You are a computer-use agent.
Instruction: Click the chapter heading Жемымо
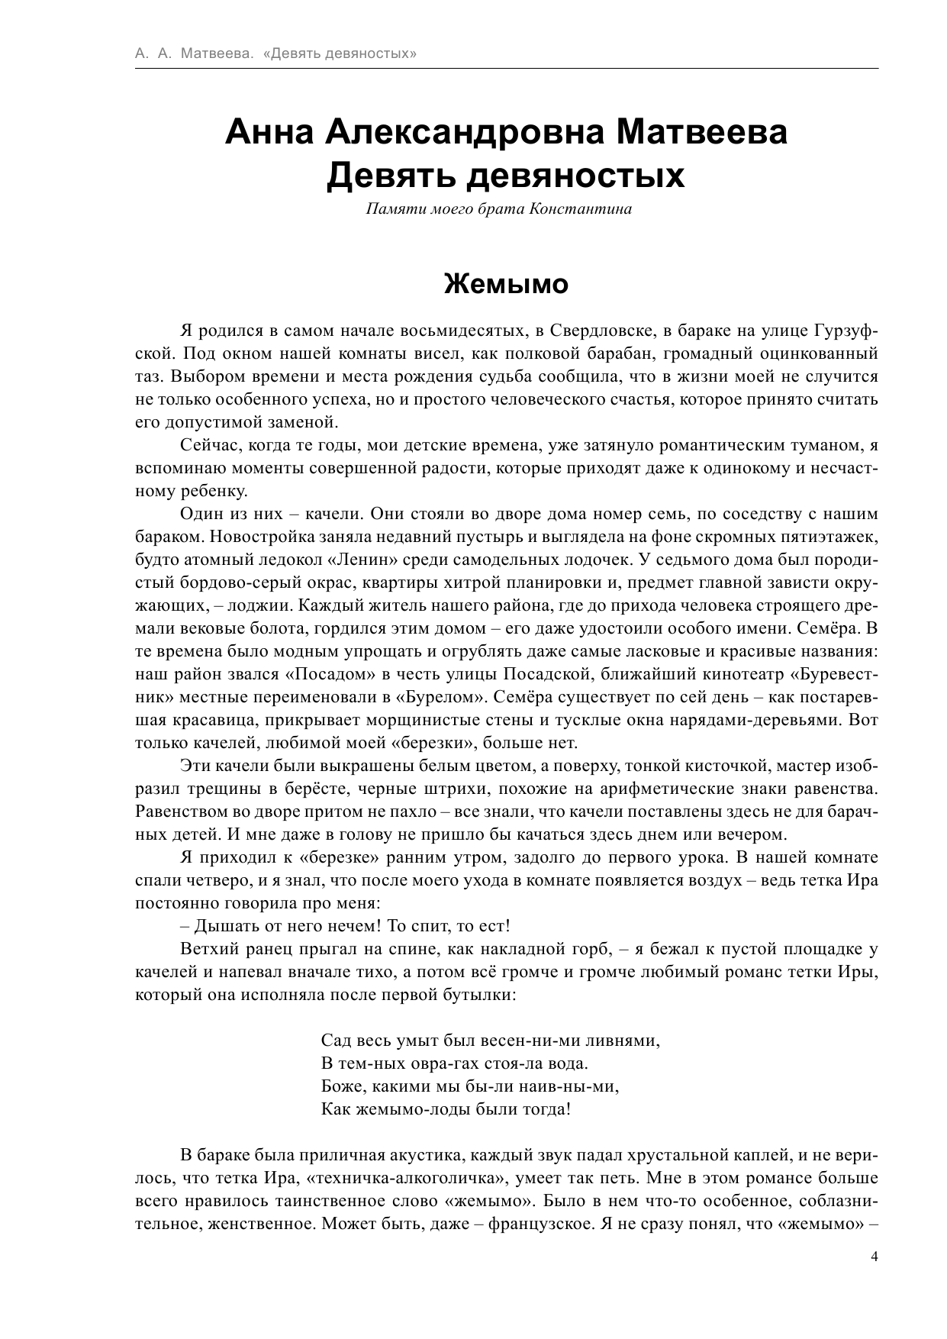[506, 284]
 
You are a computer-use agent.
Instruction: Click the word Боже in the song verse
[340, 1086]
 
